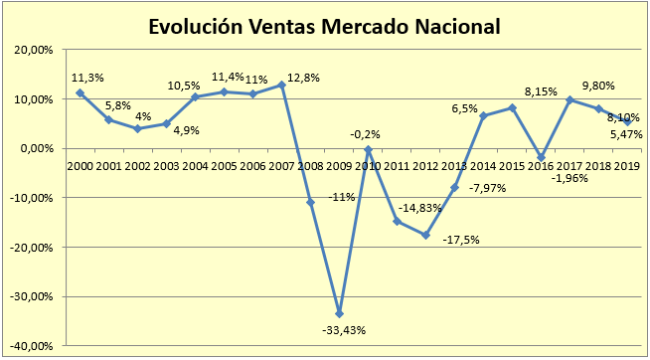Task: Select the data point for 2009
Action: [x=340, y=313]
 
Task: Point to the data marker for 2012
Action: [x=426, y=235]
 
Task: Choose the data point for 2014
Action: [x=483, y=116]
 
